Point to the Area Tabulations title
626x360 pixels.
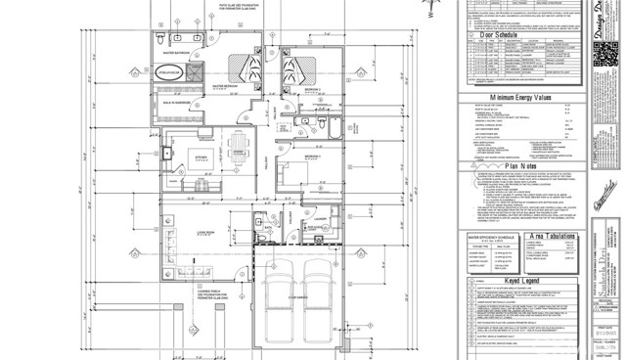pos(553,251)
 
